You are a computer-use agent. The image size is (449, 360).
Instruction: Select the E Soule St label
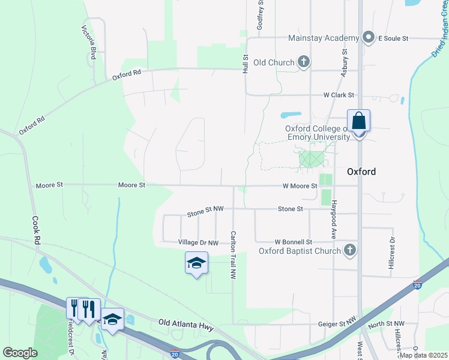tap(393, 38)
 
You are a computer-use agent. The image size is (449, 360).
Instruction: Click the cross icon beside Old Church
tap(304, 62)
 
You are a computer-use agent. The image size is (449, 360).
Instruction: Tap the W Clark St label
tap(339, 95)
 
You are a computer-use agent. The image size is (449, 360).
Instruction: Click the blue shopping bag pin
tap(358, 121)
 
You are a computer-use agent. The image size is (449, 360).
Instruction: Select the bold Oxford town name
tap(361, 172)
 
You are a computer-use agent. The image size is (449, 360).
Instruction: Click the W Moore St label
tap(300, 186)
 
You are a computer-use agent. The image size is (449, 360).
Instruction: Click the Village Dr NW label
tap(198, 242)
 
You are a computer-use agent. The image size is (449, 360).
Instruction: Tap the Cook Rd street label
tap(36, 230)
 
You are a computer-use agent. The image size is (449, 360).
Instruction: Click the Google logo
tap(19, 353)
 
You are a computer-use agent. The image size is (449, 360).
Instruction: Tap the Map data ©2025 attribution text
tap(423, 355)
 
